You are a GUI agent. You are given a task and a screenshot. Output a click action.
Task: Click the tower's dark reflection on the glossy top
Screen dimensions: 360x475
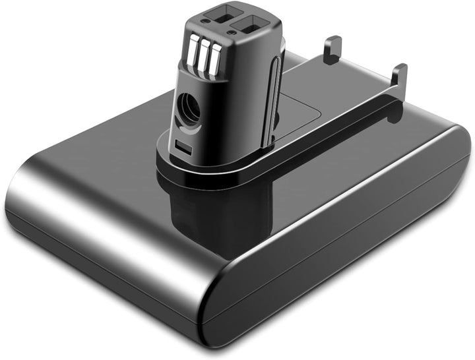198,211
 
